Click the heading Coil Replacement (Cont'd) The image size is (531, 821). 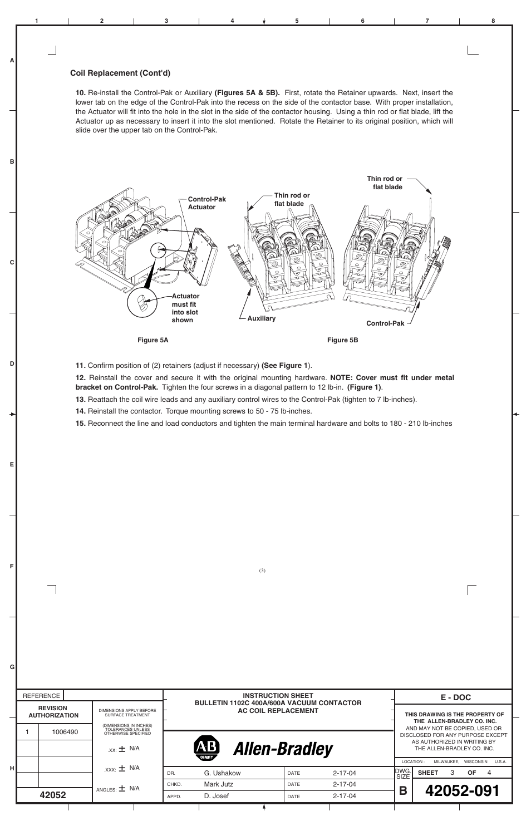(120, 73)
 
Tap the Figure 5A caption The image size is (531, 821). (153, 340)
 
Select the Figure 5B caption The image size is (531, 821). (342, 340)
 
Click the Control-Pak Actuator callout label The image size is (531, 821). (206, 203)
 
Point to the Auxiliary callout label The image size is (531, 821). (261, 318)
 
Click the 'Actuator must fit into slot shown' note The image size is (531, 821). (185, 308)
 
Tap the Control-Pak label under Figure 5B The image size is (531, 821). (385, 323)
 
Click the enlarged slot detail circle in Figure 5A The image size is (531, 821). (142, 303)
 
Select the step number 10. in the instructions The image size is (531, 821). (81, 93)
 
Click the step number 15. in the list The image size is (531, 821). (81, 424)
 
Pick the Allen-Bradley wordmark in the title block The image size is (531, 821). (283, 749)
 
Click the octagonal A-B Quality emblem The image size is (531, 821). (206, 749)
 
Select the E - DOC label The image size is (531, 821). (455, 697)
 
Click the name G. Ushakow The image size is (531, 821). (222, 773)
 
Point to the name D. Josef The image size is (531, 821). (216, 796)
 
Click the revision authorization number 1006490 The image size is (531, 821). (65, 732)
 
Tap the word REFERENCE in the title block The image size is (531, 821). (41, 696)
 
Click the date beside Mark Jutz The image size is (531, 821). (344, 784)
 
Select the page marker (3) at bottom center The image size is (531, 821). (262, 570)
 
